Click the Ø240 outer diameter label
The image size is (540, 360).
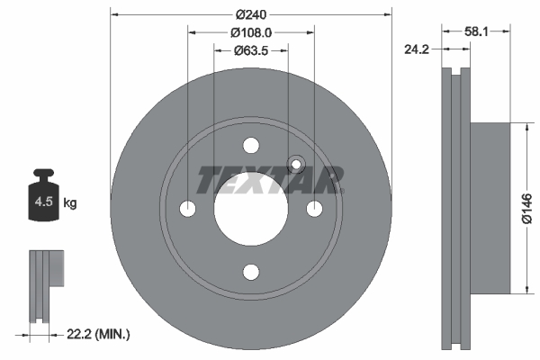click(251, 14)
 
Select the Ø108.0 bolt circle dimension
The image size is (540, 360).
click(251, 32)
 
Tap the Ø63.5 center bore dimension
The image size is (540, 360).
click(251, 50)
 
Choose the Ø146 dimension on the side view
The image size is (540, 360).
click(529, 208)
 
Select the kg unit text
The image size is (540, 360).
click(69, 203)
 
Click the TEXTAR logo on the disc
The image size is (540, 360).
click(270, 180)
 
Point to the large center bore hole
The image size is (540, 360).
click(251, 209)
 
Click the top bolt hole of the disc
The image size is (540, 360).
click(251, 146)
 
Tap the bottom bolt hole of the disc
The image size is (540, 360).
click(251, 272)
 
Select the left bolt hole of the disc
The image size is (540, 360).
click(188, 209)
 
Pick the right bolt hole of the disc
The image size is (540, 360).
click(314, 209)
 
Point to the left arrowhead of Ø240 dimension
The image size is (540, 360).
click(112, 14)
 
